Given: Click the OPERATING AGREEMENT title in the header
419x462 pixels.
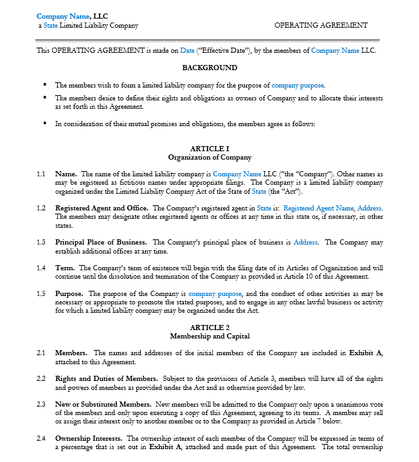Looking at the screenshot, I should [321, 25].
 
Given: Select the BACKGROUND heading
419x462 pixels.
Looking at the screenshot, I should [209, 68].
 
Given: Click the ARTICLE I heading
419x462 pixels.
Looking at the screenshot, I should [209, 149].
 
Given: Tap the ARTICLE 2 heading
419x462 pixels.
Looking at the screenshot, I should [209, 328].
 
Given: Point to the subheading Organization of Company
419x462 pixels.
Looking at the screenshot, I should [209, 157].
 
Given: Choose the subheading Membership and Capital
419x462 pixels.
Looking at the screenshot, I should [209, 336].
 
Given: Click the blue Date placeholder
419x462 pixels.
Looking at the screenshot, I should [187, 50].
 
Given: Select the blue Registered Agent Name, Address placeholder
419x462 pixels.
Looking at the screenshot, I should [332, 208].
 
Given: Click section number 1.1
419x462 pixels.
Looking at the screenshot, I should [41, 174].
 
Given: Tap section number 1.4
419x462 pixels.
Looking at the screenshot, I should [41, 268].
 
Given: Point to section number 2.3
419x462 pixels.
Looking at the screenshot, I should [41, 404].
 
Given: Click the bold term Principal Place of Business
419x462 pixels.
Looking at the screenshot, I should [102, 243].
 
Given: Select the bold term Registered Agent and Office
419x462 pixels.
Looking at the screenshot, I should [102, 208].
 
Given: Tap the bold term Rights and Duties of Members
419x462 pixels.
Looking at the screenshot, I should [106, 378].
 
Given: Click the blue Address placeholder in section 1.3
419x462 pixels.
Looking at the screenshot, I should [305, 243].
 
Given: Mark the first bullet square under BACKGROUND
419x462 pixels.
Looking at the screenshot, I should [45, 84].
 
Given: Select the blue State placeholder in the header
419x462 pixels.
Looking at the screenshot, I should [51, 26].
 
